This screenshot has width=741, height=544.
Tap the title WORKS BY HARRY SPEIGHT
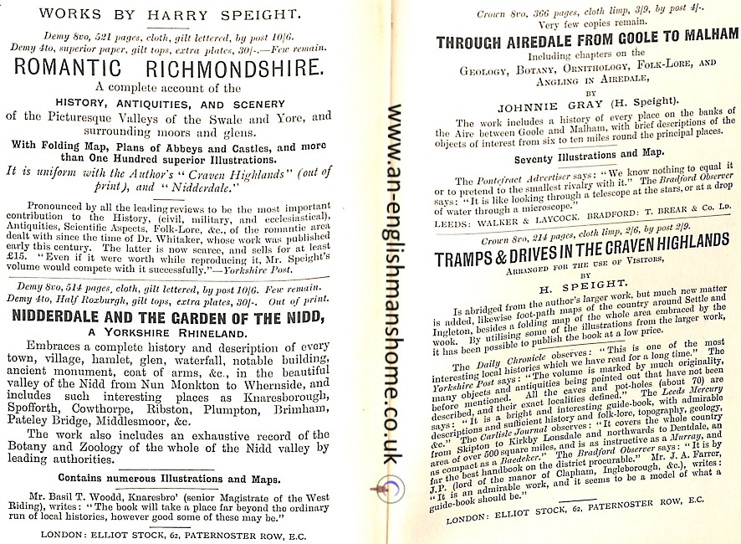pos(176,13)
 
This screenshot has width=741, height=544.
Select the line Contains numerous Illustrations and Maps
pos(176,480)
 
